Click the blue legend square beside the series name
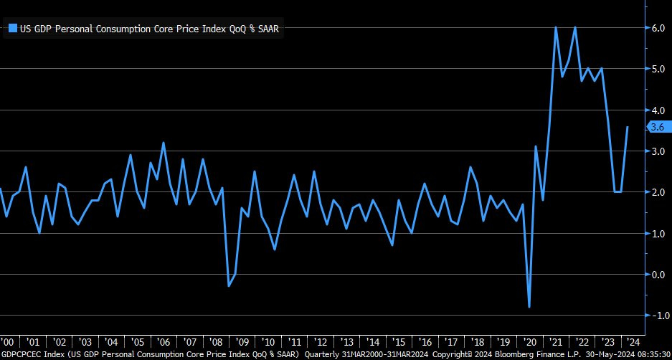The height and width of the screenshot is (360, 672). click(12, 28)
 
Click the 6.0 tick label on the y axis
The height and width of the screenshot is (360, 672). click(656, 28)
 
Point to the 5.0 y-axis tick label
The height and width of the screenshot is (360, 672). click(656, 69)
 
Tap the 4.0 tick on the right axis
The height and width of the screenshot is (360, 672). click(656, 110)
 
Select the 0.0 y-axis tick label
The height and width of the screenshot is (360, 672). click(656, 274)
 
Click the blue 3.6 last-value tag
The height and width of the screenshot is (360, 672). click(658, 127)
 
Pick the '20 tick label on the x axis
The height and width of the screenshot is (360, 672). click(529, 341)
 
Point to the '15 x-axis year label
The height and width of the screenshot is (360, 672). click(399, 341)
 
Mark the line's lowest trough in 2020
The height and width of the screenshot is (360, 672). click(529, 307)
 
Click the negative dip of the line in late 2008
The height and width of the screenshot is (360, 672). click(228, 286)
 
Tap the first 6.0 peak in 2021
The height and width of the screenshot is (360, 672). click(556, 28)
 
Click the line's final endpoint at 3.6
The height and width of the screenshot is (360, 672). click(628, 127)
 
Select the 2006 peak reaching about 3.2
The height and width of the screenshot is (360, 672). click(163, 143)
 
